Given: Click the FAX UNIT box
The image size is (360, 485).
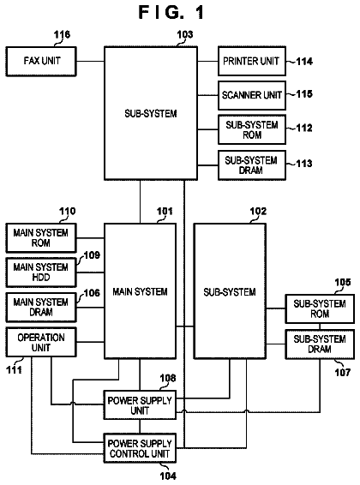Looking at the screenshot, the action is point(41,61).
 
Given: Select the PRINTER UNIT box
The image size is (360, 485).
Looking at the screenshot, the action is point(252,61).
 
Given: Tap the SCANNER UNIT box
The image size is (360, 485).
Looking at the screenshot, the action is point(252,95).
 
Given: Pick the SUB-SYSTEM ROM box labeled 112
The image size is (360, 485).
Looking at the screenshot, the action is point(252,129).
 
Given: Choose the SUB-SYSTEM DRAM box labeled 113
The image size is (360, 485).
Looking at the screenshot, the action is point(252,165).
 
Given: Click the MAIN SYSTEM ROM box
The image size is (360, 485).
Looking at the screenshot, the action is point(41,238).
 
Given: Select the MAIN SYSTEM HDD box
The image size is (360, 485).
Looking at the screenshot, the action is point(41,272).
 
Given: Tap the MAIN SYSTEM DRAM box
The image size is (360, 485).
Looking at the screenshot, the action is point(41,307).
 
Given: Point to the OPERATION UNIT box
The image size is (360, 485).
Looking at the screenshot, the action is point(41,342).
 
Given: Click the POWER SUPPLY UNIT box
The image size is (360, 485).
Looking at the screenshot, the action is point(140,405).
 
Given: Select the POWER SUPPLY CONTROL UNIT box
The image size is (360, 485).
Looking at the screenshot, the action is point(140,448).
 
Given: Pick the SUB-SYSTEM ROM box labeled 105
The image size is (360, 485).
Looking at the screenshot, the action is point(320,308).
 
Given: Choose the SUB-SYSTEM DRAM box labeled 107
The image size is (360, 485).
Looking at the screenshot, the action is point(320,344).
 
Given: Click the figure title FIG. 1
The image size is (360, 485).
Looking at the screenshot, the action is point(171,12).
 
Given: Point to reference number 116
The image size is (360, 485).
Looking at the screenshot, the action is point(62,34).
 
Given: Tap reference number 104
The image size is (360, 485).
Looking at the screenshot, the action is point(168,476).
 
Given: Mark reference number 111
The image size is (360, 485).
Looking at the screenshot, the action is point(15,369).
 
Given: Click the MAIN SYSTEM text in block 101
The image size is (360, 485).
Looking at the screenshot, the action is point(140,291).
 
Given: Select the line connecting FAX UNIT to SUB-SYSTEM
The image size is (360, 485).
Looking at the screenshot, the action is point(90,61).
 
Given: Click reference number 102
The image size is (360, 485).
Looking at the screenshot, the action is point(258,212).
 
